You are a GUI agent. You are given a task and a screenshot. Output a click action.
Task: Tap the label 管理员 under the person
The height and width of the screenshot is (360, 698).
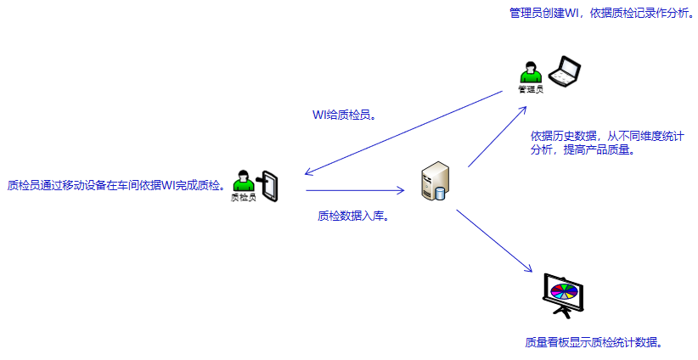[x=531, y=89]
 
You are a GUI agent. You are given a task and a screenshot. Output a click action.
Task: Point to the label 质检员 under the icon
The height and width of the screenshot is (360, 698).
[x=244, y=198]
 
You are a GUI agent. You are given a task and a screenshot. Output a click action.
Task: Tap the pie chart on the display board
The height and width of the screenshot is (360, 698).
[x=564, y=293]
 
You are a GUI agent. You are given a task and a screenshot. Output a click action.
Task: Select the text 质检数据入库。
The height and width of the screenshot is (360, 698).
[x=353, y=217]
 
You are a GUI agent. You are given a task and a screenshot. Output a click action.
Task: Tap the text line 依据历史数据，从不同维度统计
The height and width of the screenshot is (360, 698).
[x=607, y=136]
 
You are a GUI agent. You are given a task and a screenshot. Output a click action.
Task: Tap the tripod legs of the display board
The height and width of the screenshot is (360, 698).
[x=564, y=313]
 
